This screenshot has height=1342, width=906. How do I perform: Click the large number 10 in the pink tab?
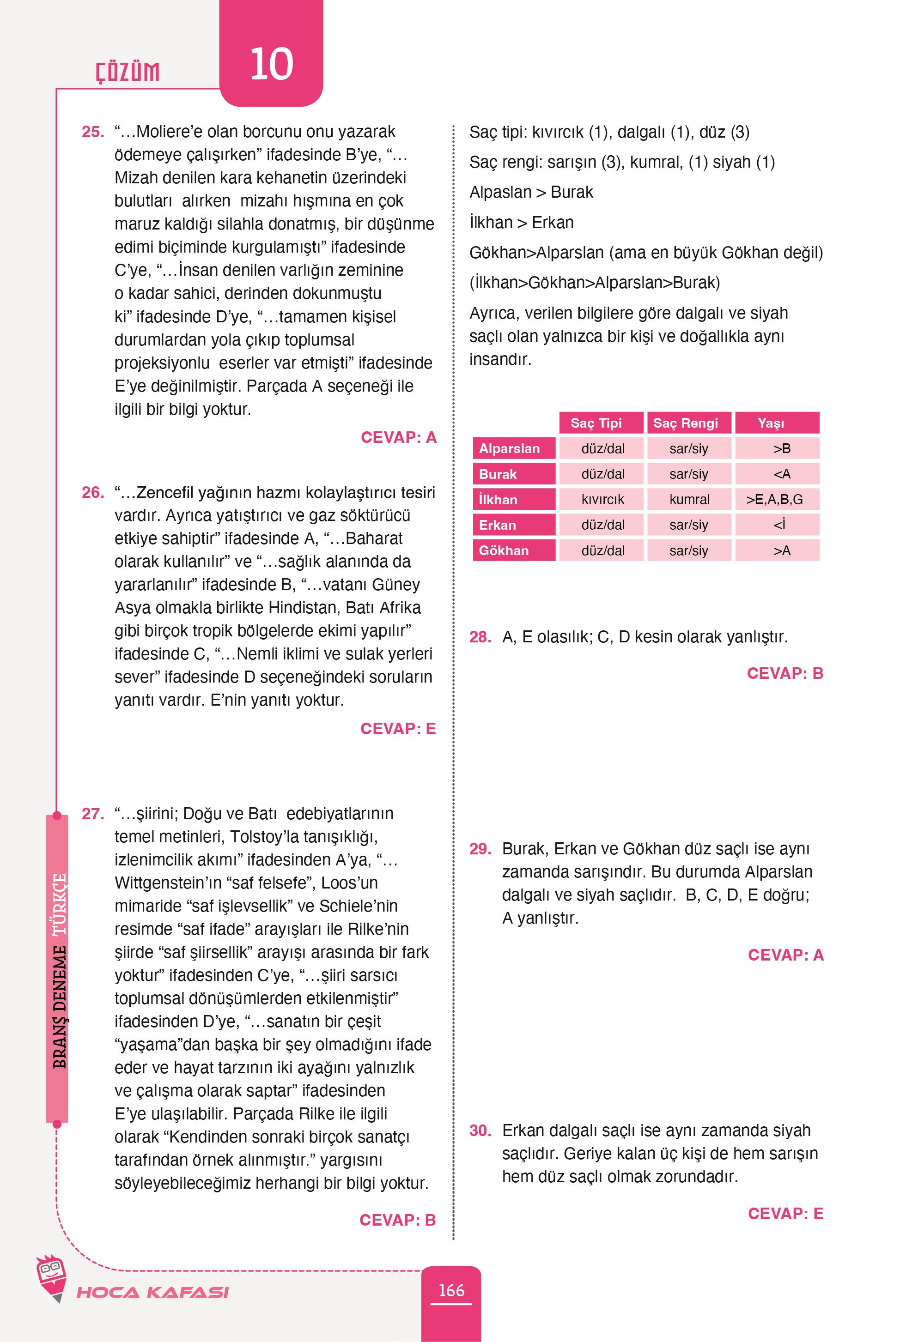pyautogui.click(x=271, y=64)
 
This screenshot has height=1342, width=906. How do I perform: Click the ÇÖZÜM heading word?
pyautogui.click(x=128, y=72)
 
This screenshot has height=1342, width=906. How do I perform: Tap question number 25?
pyautogui.click(x=92, y=132)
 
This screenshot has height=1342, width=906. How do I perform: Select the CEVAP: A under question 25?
pyautogui.click(x=398, y=437)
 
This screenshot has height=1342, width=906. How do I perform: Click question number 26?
pyautogui.click(x=92, y=493)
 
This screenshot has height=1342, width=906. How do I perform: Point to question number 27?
pyautogui.click(x=92, y=814)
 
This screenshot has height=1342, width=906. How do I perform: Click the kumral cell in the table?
pyautogui.click(x=689, y=500)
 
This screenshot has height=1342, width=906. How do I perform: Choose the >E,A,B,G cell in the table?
pyautogui.click(x=776, y=500)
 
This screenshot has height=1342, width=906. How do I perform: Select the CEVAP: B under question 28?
pyautogui.click(x=784, y=673)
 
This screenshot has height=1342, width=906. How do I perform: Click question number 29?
pyautogui.click(x=480, y=849)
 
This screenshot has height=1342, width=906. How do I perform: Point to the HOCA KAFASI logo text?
pyautogui.click(x=152, y=1292)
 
